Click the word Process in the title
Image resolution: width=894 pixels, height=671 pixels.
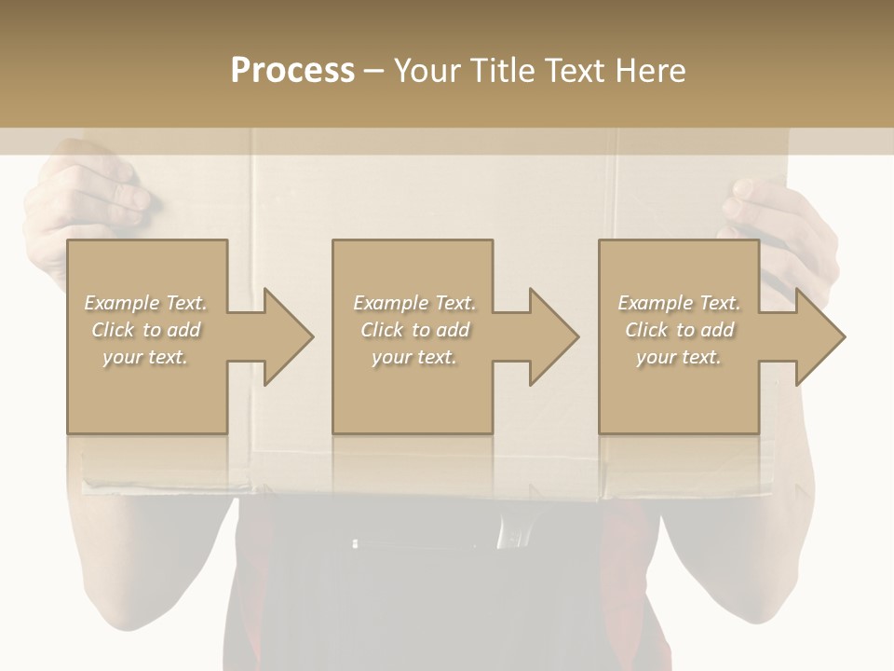[x=292, y=70]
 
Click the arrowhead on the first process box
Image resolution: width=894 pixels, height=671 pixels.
[x=288, y=336]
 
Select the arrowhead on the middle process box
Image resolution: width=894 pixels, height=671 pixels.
[x=553, y=336]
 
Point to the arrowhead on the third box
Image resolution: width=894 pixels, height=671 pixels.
[x=819, y=336]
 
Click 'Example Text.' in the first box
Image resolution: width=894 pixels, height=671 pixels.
[x=145, y=303]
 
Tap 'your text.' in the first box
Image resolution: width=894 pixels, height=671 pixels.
[x=145, y=357]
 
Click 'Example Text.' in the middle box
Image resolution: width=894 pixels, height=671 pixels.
[x=413, y=303]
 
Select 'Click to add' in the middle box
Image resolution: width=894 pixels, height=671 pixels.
[x=413, y=330]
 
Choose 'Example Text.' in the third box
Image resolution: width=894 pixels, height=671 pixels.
[x=679, y=303]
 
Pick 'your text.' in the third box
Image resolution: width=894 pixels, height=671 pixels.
[x=679, y=357]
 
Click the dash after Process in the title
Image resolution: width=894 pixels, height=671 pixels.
[x=373, y=71]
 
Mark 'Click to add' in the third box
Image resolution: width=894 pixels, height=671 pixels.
[x=679, y=330]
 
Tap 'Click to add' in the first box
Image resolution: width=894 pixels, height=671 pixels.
[x=145, y=330]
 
